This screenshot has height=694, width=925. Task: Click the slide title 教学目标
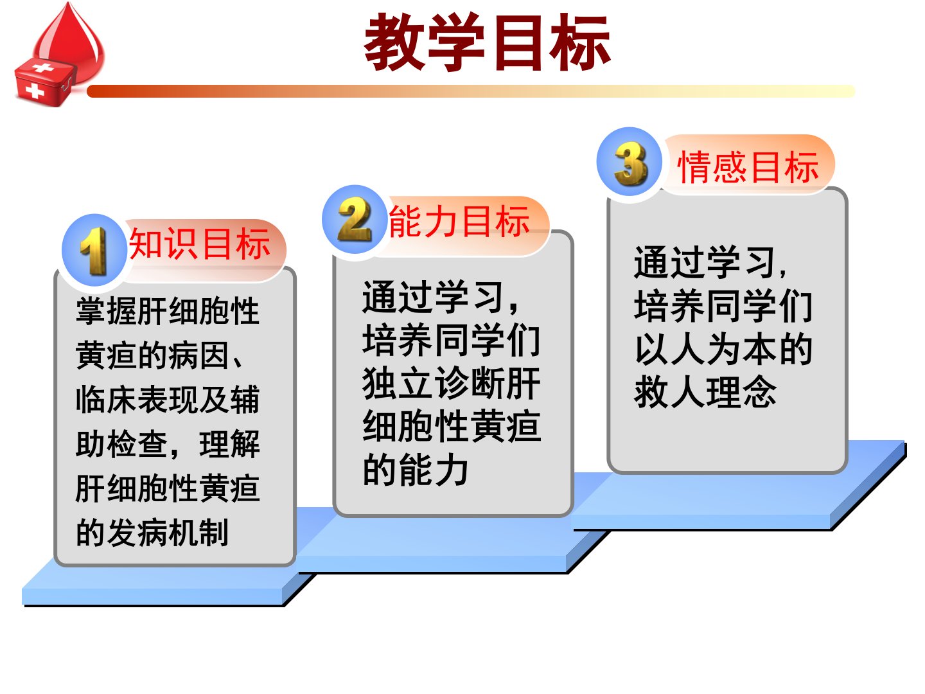pos(487,42)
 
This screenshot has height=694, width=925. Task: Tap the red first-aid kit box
pos(46,83)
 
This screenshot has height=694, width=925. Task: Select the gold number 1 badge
pos(94,251)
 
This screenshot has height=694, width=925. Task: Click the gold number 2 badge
pos(355,219)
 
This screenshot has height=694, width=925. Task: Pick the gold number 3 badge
pos(630,162)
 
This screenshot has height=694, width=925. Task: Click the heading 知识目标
pos(199,244)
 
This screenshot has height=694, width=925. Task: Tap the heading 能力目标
pos(459,221)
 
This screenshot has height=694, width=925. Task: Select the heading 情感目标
pos(748,167)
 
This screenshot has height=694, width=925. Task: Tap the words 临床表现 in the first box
pos(137,400)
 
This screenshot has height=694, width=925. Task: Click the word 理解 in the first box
pos(230,444)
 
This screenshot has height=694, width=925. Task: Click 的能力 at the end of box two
pos(415,470)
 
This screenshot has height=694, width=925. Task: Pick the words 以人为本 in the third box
pos(705,348)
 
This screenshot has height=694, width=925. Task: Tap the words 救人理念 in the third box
pos(705,392)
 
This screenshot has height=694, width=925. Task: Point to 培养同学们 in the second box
pos(452,340)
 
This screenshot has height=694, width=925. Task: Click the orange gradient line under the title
pos(471,91)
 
